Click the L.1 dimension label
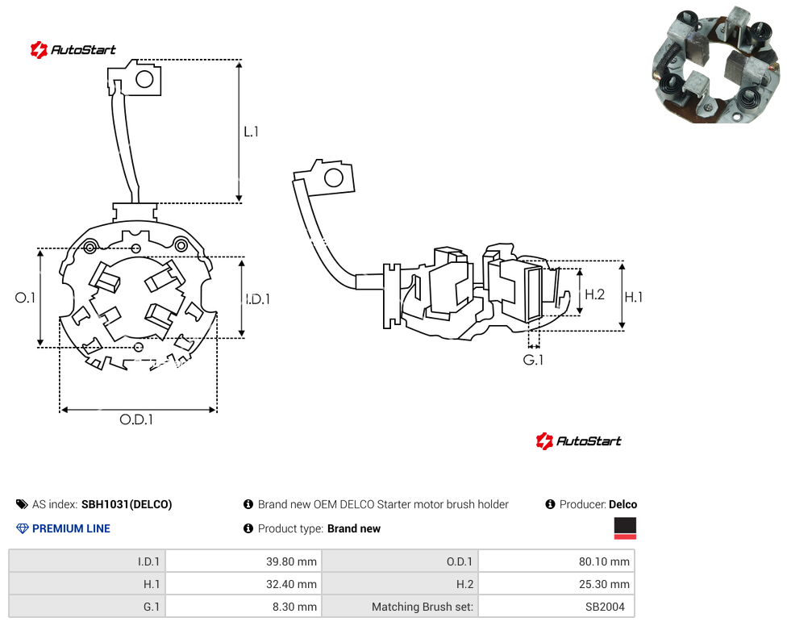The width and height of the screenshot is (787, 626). [x=251, y=131]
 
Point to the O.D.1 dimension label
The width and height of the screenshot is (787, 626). [x=136, y=419]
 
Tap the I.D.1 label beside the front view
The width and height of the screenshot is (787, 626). [x=257, y=299]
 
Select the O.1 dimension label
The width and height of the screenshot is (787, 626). [x=25, y=298]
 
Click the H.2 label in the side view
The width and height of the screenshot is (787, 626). [x=595, y=294]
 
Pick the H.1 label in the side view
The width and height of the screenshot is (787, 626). [x=634, y=297]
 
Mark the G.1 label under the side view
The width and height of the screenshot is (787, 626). [x=533, y=360]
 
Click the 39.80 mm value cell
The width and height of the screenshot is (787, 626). [x=244, y=561]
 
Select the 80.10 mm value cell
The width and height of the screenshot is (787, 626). [x=556, y=561]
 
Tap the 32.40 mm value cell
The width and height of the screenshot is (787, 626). [x=244, y=584]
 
